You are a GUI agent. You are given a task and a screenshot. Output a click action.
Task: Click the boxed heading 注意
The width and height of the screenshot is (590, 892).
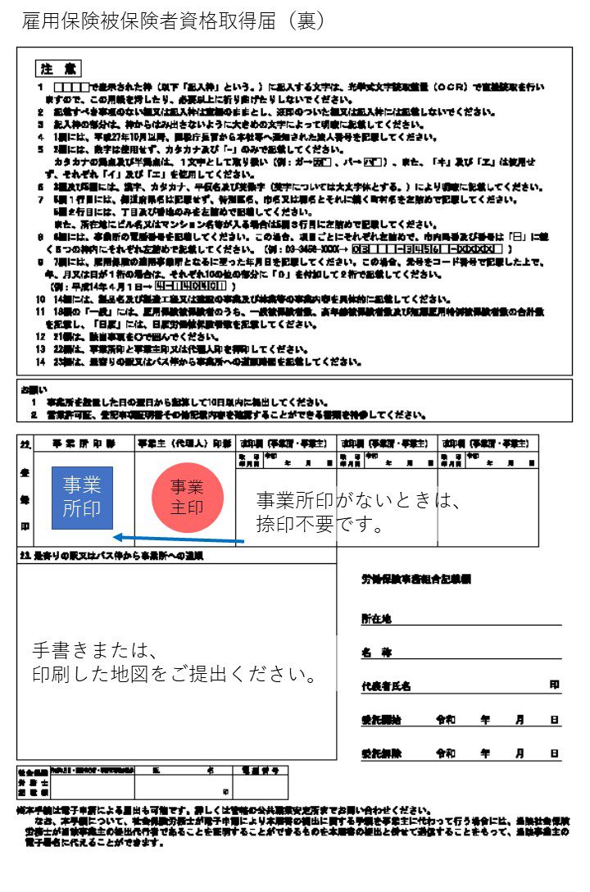(x=58, y=68)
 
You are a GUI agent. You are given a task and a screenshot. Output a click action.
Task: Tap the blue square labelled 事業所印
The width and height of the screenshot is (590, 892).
(x=82, y=498)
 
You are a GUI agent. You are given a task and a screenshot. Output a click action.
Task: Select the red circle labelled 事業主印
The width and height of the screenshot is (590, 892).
(x=187, y=497)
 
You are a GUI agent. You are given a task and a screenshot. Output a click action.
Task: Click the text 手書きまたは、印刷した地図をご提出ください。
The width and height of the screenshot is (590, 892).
(x=174, y=663)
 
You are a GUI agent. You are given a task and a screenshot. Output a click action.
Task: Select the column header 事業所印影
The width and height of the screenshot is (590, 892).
(x=84, y=444)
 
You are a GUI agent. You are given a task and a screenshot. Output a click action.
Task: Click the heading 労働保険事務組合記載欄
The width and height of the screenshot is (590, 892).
(x=416, y=580)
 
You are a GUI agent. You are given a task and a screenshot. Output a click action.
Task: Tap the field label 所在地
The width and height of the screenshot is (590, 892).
(x=377, y=620)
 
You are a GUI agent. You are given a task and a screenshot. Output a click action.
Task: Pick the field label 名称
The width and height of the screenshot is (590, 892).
(x=376, y=653)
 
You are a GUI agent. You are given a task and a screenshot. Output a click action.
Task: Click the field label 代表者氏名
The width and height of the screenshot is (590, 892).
(x=386, y=686)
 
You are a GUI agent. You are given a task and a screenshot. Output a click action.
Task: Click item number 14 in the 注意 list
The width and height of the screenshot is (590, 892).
(x=40, y=300)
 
